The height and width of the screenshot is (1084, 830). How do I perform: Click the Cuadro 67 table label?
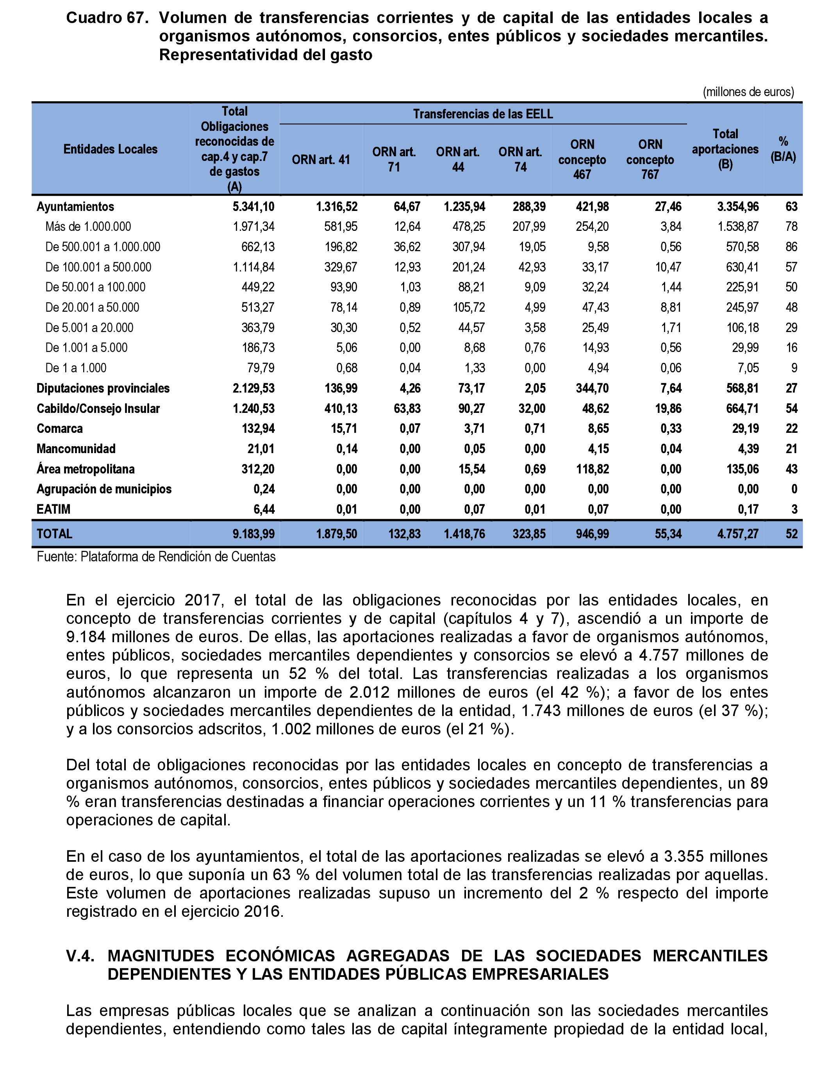(107, 18)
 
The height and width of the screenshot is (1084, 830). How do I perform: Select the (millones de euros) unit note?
(748, 92)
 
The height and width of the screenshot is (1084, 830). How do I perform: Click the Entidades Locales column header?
(110, 149)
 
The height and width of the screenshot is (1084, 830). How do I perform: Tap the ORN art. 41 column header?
(321, 160)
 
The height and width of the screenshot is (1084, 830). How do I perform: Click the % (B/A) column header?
(783, 149)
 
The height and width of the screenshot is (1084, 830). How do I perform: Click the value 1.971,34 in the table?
(253, 227)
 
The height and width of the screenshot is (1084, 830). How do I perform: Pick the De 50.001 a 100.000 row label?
(95, 287)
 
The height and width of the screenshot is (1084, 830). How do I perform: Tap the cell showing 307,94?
(468, 247)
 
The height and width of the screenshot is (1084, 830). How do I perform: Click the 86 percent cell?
(791, 247)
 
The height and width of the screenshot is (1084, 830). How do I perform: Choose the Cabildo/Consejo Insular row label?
(98, 409)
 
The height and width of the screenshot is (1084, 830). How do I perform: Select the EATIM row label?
(54, 509)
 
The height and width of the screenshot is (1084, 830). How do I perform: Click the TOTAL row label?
(54, 534)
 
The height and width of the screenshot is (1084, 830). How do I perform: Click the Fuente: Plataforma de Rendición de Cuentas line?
(156, 557)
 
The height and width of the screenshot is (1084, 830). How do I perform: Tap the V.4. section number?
(80, 955)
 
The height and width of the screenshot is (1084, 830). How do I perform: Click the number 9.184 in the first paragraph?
(86, 637)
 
